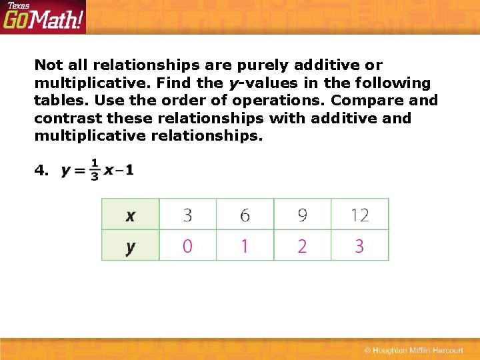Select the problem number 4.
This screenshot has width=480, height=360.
(x=41, y=171)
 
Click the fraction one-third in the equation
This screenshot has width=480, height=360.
(x=94, y=169)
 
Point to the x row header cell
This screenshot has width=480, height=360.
(x=130, y=215)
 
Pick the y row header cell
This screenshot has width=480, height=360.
(x=130, y=246)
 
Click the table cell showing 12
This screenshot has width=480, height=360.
(x=359, y=215)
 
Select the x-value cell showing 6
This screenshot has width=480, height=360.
(x=245, y=215)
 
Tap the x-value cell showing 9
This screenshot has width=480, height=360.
(x=302, y=215)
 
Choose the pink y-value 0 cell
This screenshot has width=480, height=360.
(x=187, y=246)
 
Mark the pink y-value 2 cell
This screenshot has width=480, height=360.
(x=302, y=246)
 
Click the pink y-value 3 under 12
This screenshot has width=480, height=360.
(x=359, y=246)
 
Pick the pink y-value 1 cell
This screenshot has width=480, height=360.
(x=245, y=246)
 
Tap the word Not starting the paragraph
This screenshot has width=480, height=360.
(x=48, y=65)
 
